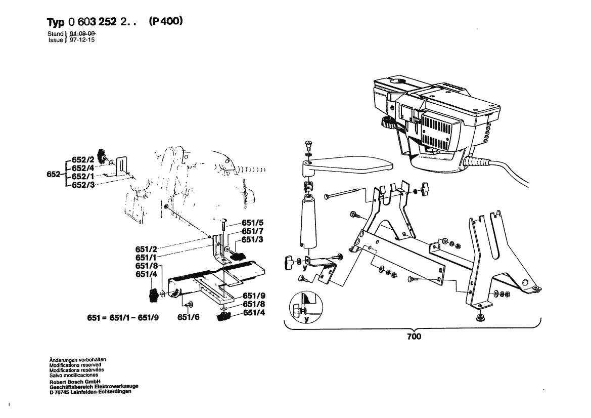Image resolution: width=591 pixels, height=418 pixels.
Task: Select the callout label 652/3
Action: [x=82, y=185]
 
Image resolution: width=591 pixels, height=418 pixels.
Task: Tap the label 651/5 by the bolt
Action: [x=253, y=223]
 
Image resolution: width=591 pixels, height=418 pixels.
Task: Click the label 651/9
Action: [x=254, y=296]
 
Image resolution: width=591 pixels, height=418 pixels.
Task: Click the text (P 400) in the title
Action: [x=166, y=22]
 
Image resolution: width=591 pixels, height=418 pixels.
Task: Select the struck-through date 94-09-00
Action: [x=79, y=33]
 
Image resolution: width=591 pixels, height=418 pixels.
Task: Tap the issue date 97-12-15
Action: [x=79, y=39]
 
